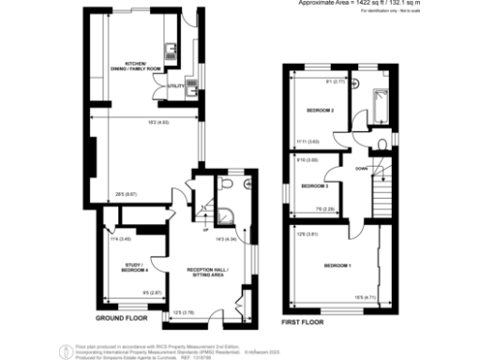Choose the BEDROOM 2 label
tap(320, 110)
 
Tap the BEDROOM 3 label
tap(314, 186)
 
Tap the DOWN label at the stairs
tap(360, 169)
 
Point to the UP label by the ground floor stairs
tap(204, 229)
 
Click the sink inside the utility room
tap(189, 83)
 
